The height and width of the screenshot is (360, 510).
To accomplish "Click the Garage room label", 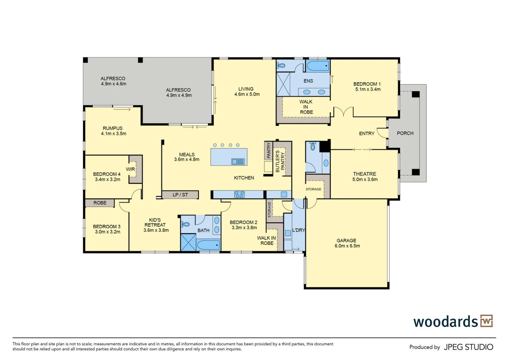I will coord(346,240).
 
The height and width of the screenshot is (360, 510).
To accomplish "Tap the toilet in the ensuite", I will coord(281,65).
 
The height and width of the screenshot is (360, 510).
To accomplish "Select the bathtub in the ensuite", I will coord(317,66).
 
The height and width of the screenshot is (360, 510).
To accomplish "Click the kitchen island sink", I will coord(238,162).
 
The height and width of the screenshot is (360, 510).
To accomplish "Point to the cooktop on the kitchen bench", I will coord(239,194).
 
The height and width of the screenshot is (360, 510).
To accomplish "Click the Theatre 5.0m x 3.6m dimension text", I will coord(365,179).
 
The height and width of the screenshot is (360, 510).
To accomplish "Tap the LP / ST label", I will coord(180,195).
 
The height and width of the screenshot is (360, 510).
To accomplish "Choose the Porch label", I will coord(405,133).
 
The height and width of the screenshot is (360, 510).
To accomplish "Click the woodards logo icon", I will coord(486,321).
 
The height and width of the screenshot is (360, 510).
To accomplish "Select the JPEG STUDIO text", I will coord(468,347).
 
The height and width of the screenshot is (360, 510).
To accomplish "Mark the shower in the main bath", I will coord(188,242).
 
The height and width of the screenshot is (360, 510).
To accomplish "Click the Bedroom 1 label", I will coord(367,84).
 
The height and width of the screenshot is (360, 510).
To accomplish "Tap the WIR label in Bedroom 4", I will coord(130,169).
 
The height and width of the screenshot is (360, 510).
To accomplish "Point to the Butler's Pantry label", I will coord(280,161).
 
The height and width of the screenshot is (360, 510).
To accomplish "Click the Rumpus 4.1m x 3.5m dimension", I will coord(114,134).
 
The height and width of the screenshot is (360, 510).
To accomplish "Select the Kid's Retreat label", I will coord(155,222).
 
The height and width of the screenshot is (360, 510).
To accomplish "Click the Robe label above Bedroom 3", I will coord(100,203).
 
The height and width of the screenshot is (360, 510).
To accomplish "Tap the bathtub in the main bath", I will coord(208,245).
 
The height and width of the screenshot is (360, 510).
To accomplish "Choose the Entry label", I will coord(366,133).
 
